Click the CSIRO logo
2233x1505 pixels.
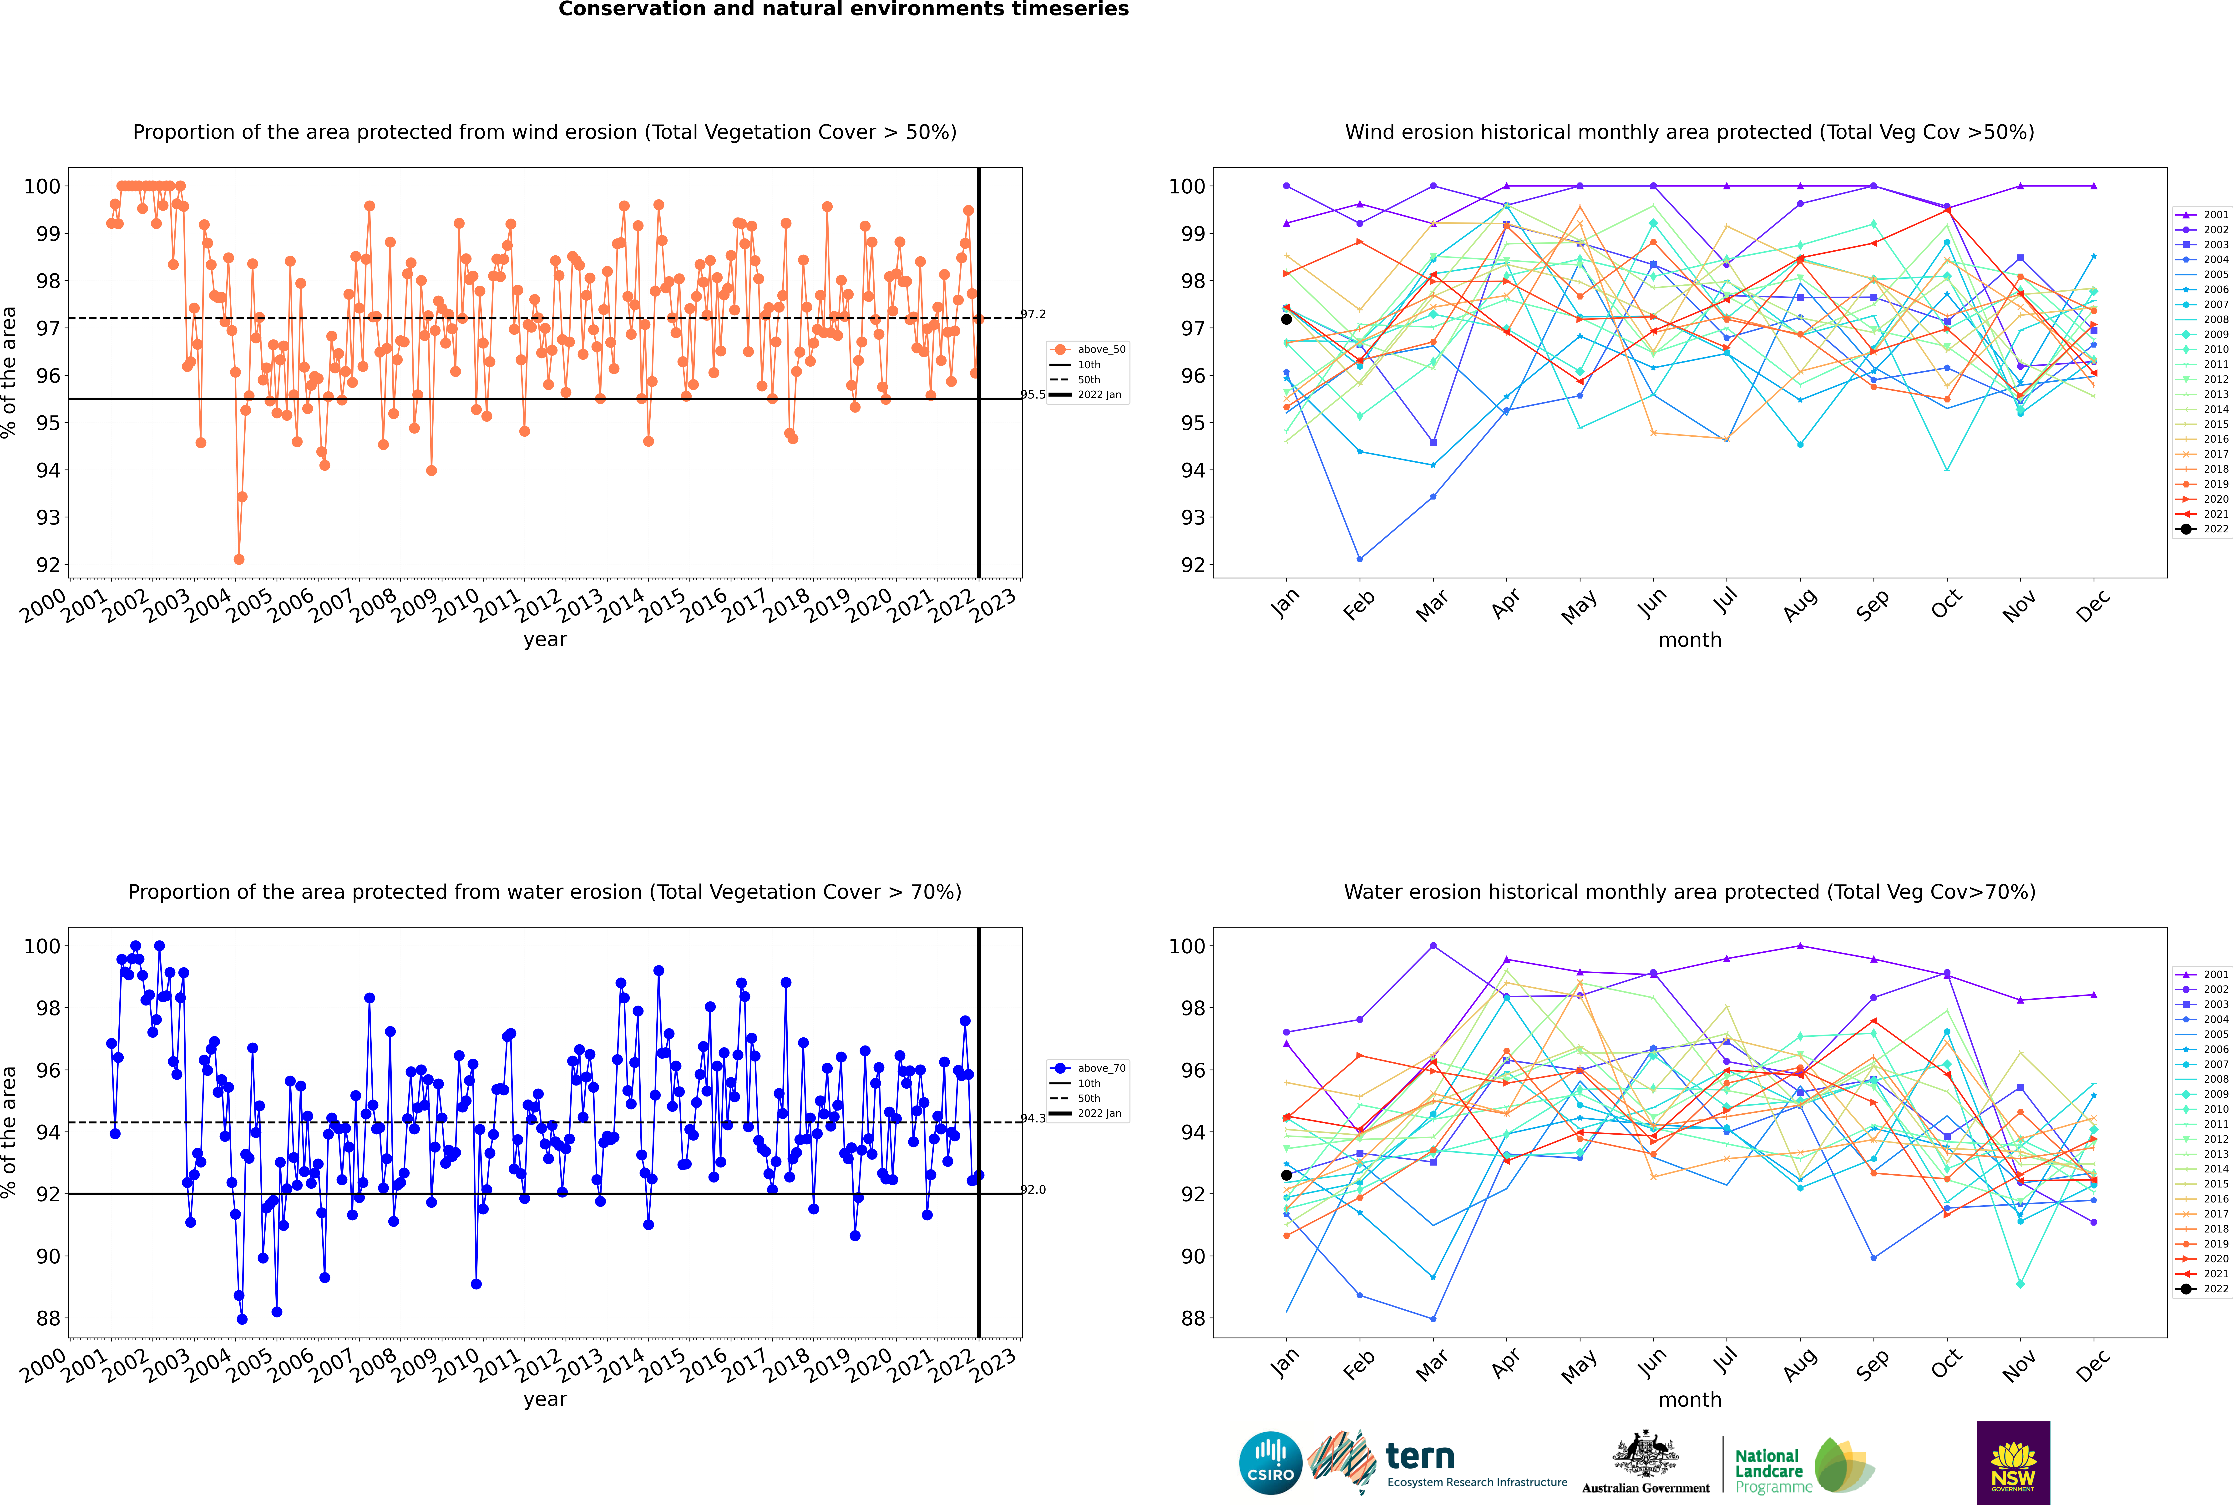[1270, 1463]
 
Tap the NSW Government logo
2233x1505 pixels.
[2013, 1463]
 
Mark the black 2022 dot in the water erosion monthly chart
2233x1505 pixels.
[1286, 1175]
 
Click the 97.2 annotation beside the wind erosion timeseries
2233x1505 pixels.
[1033, 314]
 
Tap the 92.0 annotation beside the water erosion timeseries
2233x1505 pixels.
[1033, 1189]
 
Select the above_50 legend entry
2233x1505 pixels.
[1088, 349]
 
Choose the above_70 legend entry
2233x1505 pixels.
[1088, 1068]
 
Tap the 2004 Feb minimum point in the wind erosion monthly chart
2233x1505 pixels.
[1359, 559]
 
